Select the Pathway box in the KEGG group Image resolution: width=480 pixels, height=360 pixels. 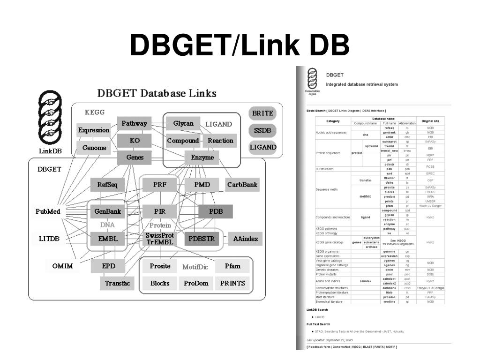click(x=134, y=124)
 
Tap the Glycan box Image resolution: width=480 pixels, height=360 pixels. click(x=183, y=124)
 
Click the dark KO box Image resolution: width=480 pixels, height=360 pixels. click(x=134, y=141)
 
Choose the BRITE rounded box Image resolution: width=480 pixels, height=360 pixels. click(x=262, y=114)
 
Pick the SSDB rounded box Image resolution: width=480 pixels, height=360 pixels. click(x=262, y=131)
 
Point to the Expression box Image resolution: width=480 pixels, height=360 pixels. click(x=94, y=130)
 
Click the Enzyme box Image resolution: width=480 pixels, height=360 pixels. click(x=202, y=157)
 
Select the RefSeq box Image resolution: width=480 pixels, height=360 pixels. click(x=107, y=185)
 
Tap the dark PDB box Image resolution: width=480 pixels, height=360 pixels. click(x=215, y=211)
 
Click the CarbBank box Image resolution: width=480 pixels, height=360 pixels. click(x=242, y=185)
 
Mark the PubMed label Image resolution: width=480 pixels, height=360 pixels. click(x=48, y=211)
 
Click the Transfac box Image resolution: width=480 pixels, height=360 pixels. click(x=117, y=283)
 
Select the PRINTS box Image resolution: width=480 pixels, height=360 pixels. click(x=232, y=283)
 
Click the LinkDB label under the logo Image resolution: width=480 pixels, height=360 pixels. click(x=50, y=151)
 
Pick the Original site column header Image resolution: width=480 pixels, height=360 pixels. click(x=430, y=121)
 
